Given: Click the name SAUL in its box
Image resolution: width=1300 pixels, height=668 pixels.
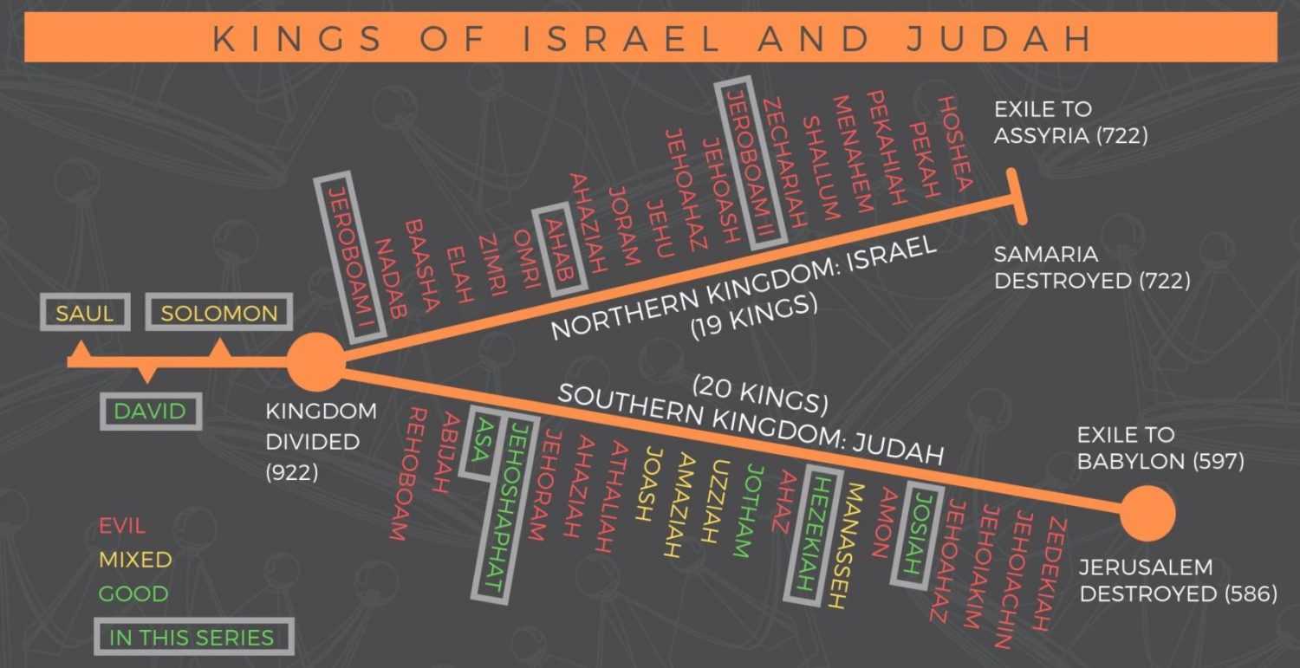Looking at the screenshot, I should click(x=85, y=313).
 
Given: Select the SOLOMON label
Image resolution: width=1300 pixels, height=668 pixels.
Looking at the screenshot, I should click(x=219, y=313).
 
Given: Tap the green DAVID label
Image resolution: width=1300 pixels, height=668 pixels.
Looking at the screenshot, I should click(x=151, y=411).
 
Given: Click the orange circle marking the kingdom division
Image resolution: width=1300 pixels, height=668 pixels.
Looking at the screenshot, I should click(x=315, y=362).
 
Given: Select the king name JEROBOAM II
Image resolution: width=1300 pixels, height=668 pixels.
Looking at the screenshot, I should click(x=748, y=165).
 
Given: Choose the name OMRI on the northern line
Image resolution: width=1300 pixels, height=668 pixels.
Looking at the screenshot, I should click(x=526, y=260).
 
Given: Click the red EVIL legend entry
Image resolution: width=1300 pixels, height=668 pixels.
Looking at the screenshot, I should click(x=122, y=526).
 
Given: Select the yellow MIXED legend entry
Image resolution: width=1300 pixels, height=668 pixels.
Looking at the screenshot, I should click(x=134, y=560).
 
